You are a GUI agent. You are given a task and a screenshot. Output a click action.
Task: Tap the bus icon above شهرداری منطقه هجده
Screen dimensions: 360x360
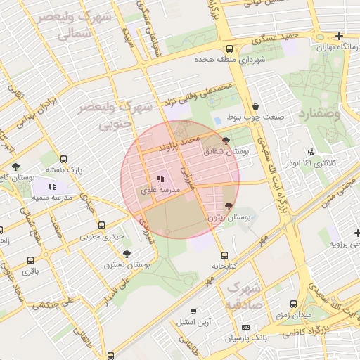click(x=230, y=49)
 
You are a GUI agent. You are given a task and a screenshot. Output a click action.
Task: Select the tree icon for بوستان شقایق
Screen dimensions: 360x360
click(x=225, y=141)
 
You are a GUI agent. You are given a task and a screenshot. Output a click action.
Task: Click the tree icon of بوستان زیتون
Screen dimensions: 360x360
click(x=228, y=206)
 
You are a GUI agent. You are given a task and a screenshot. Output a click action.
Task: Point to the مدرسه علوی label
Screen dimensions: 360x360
click(x=160, y=190)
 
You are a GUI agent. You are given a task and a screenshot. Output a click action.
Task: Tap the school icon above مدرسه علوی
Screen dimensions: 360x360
click(x=160, y=179)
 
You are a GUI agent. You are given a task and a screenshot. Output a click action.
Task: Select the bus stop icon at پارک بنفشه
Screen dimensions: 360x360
click(x=65, y=159)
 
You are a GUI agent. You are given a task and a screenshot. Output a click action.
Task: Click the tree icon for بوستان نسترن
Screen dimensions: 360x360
click(x=127, y=254)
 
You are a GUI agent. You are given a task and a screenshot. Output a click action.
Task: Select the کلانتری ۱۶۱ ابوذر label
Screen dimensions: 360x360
click(x=311, y=162)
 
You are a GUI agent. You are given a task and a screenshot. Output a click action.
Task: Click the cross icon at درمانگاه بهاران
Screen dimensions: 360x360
click(x=340, y=36)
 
